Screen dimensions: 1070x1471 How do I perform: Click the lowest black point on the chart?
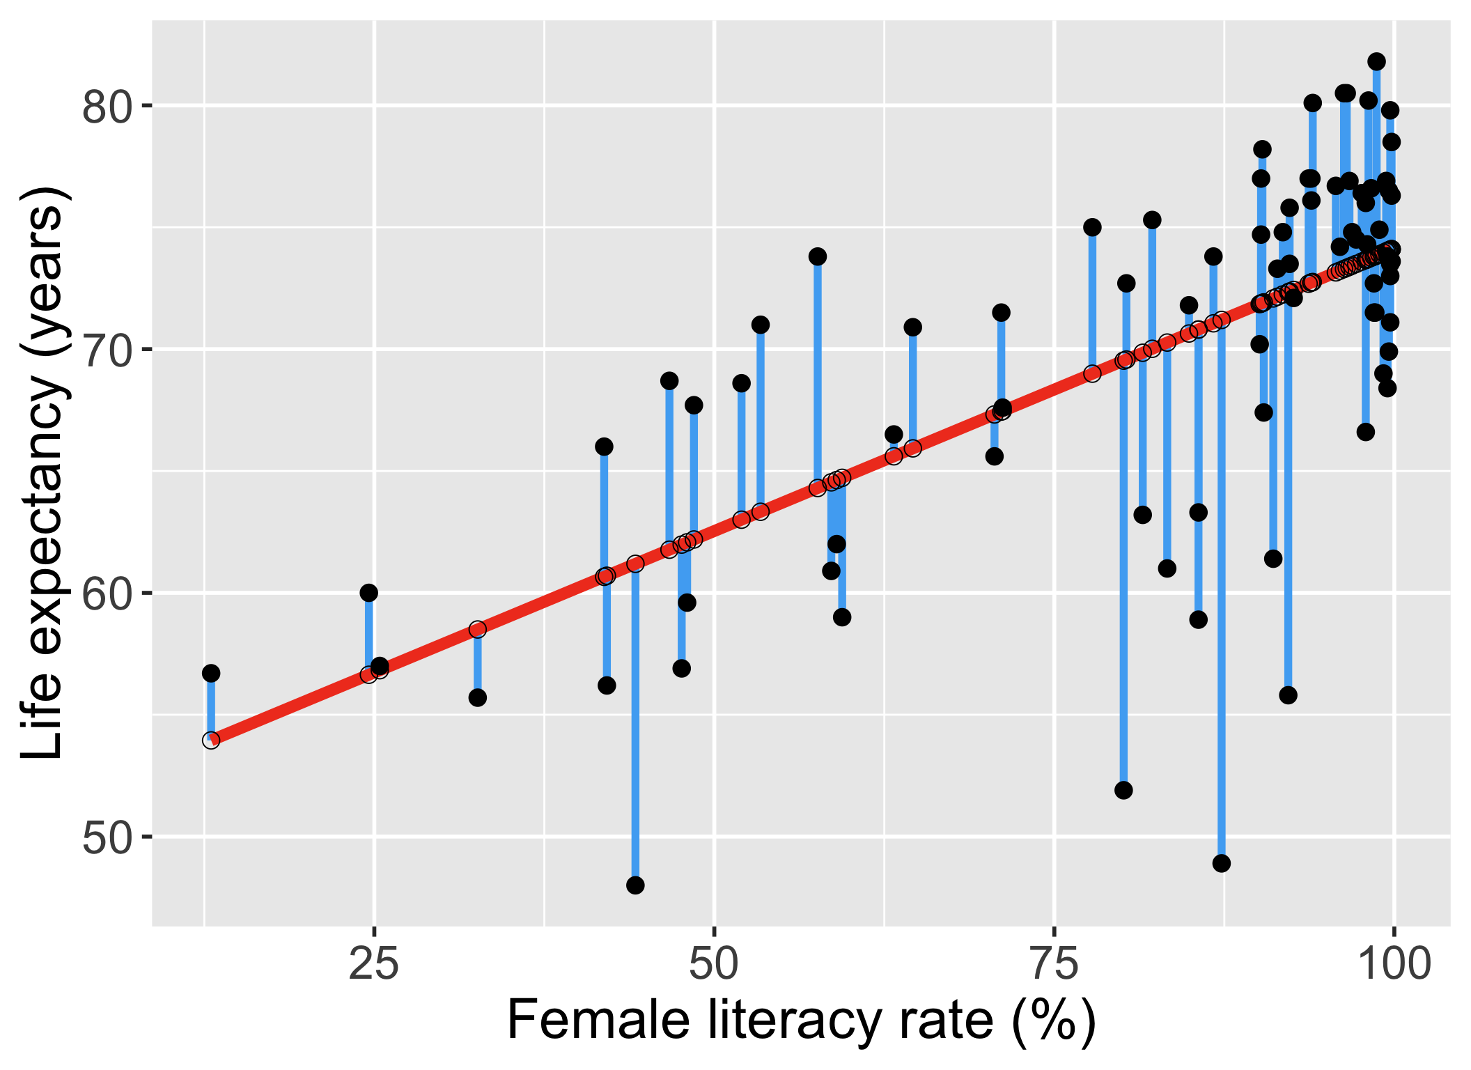coord(635,885)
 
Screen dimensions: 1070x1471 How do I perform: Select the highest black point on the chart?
coord(1376,62)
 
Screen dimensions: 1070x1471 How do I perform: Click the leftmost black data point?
coord(211,673)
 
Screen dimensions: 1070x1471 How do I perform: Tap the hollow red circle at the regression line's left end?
coord(211,740)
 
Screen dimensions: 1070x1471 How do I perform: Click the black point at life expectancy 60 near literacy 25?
coord(368,593)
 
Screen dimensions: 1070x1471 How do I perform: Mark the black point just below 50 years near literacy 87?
coord(1222,863)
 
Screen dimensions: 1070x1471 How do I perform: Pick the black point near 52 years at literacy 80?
coord(1123,790)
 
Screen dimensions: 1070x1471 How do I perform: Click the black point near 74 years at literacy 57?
coord(818,256)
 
